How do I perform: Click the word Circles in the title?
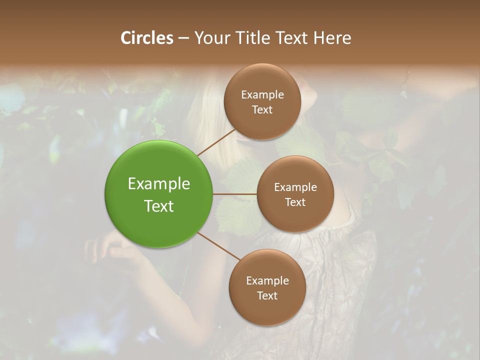tap(146, 38)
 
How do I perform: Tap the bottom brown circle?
tap(267, 310)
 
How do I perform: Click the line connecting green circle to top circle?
tap(216, 142)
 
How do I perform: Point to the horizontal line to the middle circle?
tap(235, 194)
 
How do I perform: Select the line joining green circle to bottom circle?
tap(219, 245)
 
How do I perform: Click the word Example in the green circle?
tap(159, 184)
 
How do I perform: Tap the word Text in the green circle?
tap(159, 206)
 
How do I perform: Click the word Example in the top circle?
tap(262, 95)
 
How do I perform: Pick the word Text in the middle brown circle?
tap(295, 202)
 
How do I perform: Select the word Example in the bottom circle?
tap(267, 280)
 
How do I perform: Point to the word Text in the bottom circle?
tap(267, 295)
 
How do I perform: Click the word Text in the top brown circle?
tap(262, 109)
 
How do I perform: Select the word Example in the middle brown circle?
tap(295, 187)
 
